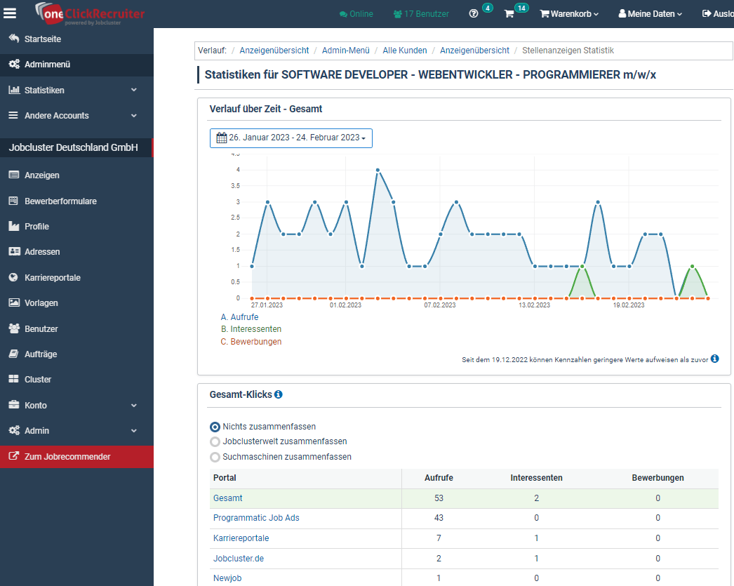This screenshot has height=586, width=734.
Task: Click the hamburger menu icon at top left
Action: click(x=10, y=13)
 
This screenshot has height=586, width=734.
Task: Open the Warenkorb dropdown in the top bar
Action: click(x=569, y=13)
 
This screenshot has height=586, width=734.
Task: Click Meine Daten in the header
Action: click(x=650, y=13)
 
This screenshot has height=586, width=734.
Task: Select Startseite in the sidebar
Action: click(x=42, y=39)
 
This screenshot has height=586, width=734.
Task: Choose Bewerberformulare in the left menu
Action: click(x=60, y=201)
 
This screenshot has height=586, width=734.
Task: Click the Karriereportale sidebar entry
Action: click(x=52, y=278)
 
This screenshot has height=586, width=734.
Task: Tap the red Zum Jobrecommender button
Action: click(x=67, y=457)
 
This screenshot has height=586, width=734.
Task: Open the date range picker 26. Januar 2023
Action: click(x=291, y=138)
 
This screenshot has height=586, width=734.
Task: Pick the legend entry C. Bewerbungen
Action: click(x=251, y=342)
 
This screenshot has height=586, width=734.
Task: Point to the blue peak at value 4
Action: click(x=378, y=170)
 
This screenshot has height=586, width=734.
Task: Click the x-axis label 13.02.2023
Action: click(x=535, y=305)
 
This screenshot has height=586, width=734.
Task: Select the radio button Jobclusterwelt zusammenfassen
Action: click(x=215, y=441)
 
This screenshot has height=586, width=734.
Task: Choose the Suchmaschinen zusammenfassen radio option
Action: click(x=215, y=457)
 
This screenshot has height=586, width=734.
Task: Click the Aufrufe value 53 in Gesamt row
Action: click(x=439, y=498)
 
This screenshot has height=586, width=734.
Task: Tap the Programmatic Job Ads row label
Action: click(x=256, y=518)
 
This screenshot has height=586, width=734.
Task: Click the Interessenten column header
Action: click(x=536, y=478)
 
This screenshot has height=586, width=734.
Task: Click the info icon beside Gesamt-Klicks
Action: click(x=278, y=395)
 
